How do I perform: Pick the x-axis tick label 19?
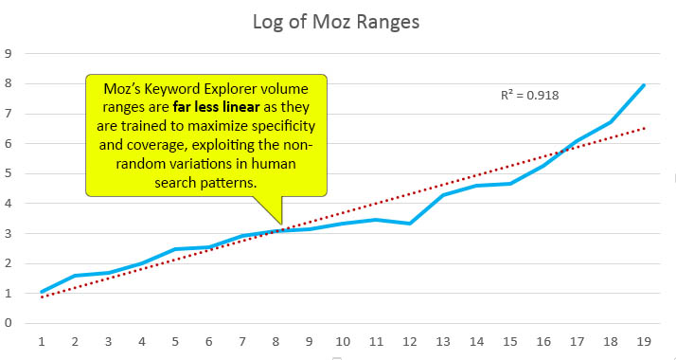coord(644,340)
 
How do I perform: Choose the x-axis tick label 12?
coord(409,340)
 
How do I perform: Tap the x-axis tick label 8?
coord(275,340)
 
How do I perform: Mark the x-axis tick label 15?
coord(509,340)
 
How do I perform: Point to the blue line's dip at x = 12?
coord(409,224)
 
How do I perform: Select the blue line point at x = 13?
coord(443,195)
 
